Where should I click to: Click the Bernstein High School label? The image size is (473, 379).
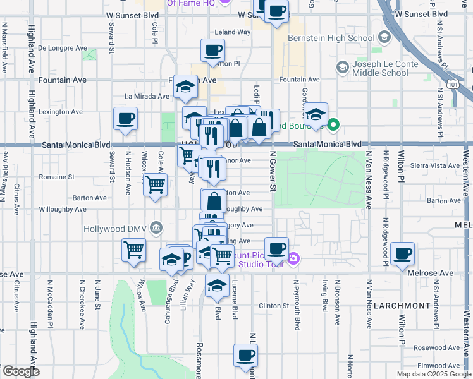pos(331,38)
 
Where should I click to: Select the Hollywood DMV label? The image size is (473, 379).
pos(118,228)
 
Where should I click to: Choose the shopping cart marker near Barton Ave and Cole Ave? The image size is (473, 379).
pos(155,185)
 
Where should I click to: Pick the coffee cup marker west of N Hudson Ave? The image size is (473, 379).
pos(125,119)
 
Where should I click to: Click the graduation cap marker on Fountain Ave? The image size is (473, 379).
pos(186,87)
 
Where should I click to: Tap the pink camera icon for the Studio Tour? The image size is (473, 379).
pos(293,257)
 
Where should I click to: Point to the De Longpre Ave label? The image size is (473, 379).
pos(63,47)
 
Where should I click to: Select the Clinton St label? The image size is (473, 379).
pos(276,306)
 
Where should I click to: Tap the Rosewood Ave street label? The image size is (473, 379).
pos(436,347)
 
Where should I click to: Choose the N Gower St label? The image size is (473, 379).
pos(273,171)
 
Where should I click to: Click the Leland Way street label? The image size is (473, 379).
pos(233,32)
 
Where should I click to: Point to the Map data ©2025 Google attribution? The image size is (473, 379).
pos(433,374)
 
